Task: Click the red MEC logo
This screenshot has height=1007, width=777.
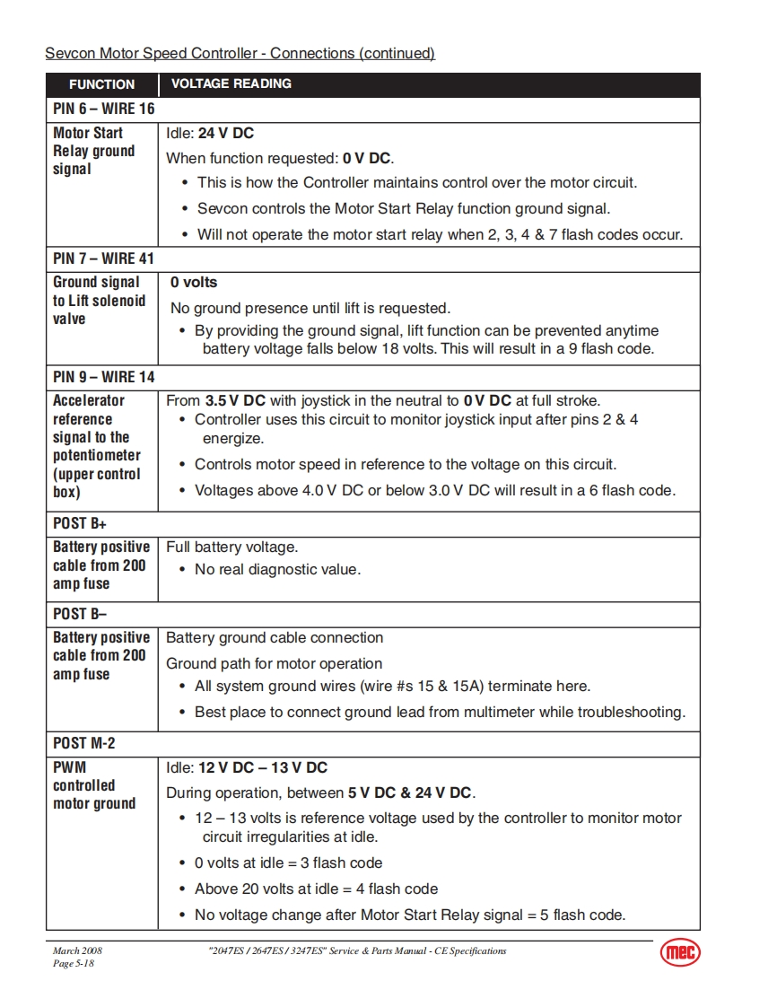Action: click(680, 952)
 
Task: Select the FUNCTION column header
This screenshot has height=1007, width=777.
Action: click(101, 84)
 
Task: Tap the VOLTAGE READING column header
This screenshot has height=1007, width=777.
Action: click(231, 83)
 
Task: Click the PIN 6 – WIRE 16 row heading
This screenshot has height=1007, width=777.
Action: click(103, 109)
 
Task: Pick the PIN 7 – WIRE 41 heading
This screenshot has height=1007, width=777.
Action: click(103, 258)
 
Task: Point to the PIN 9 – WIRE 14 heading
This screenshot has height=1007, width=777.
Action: click(103, 377)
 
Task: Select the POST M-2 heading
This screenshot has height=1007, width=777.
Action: click(83, 743)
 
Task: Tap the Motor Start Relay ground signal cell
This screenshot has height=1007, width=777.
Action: click(93, 151)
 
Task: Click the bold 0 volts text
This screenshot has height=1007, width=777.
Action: click(194, 282)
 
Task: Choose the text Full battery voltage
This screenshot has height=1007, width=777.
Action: click(231, 547)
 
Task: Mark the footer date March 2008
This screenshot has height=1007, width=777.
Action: click(77, 950)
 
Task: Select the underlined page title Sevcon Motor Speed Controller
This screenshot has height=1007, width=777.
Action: click(240, 53)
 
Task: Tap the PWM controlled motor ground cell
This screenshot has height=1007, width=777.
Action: click(93, 785)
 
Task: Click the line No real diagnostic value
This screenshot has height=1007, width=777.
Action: click(277, 569)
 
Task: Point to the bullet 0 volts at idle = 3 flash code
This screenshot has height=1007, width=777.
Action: click(288, 863)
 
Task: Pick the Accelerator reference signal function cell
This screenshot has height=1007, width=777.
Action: click(96, 446)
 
